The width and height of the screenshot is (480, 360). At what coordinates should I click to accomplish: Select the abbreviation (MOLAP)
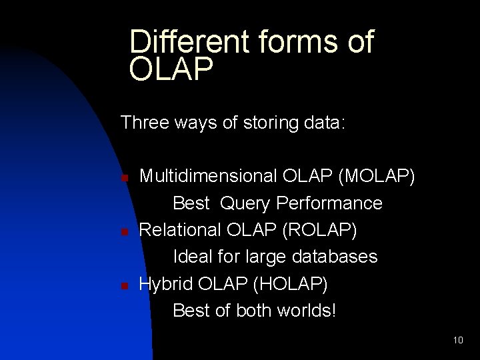(x=378, y=176)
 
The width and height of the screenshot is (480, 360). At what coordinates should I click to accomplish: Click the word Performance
(x=331, y=202)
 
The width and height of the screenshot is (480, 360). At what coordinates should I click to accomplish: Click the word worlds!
(x=304, y=310)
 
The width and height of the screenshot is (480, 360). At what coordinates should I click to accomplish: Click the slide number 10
(x=457, y=340)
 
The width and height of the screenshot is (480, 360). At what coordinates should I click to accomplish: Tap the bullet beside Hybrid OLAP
(x=123, y=285)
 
